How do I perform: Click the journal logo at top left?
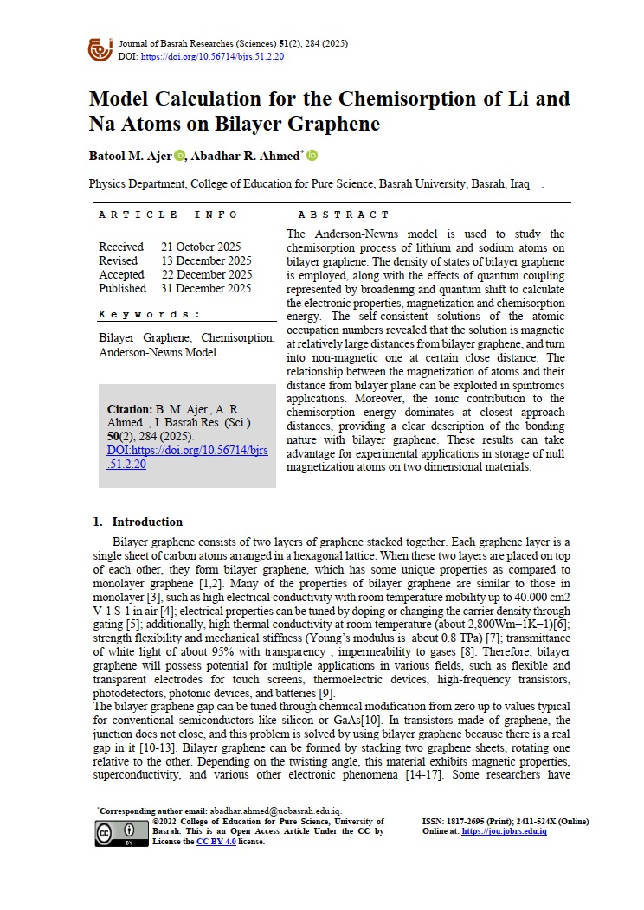click(x=100, y=48)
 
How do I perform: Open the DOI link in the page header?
click(x=212, y=57)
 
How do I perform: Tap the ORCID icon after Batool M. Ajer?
click(x=179, y=156)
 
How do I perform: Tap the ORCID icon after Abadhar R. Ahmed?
click(x=312, y=156)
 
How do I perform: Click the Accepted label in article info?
click(x=121, y=274)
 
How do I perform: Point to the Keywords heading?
click(x=149, y=315)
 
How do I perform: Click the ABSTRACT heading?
click(x=344, y=215)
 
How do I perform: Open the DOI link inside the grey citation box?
click(x=187, y=458)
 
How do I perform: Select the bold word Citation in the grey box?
click(x=129, y=409)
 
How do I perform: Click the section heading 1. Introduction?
click(x=138, y=522)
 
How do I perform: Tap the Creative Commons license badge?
click(x=120, y=832)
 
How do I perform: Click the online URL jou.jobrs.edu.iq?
click(x=504, y=831)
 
